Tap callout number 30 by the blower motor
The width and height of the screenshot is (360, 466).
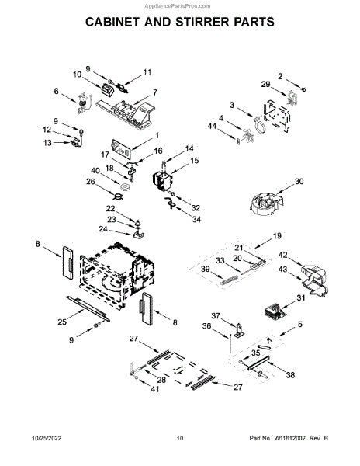coord(299,181)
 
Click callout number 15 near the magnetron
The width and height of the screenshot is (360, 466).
coord(195,161)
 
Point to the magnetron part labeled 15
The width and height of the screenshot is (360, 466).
coord(162,181)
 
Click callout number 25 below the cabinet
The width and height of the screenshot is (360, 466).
coord(62,322)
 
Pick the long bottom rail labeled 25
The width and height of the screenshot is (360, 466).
coord(88,308)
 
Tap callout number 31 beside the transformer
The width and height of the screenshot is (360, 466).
coord(301,297)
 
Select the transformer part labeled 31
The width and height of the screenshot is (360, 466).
coord(275,311)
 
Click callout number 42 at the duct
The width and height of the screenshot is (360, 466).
coord(283,255)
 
